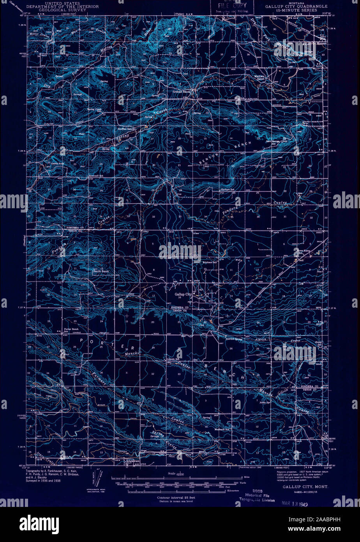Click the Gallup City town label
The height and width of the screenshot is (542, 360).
click(x=183, y=294)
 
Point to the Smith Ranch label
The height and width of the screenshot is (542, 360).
click(x=101, y=271)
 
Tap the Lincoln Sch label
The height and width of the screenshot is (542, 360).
click(x=173, y=359)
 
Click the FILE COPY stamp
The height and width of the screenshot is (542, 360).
click(x=232, y=7)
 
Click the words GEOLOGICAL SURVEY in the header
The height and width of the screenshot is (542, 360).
click(x=63, y=11)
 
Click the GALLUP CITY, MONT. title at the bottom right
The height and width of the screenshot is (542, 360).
click(x=305, y=487)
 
